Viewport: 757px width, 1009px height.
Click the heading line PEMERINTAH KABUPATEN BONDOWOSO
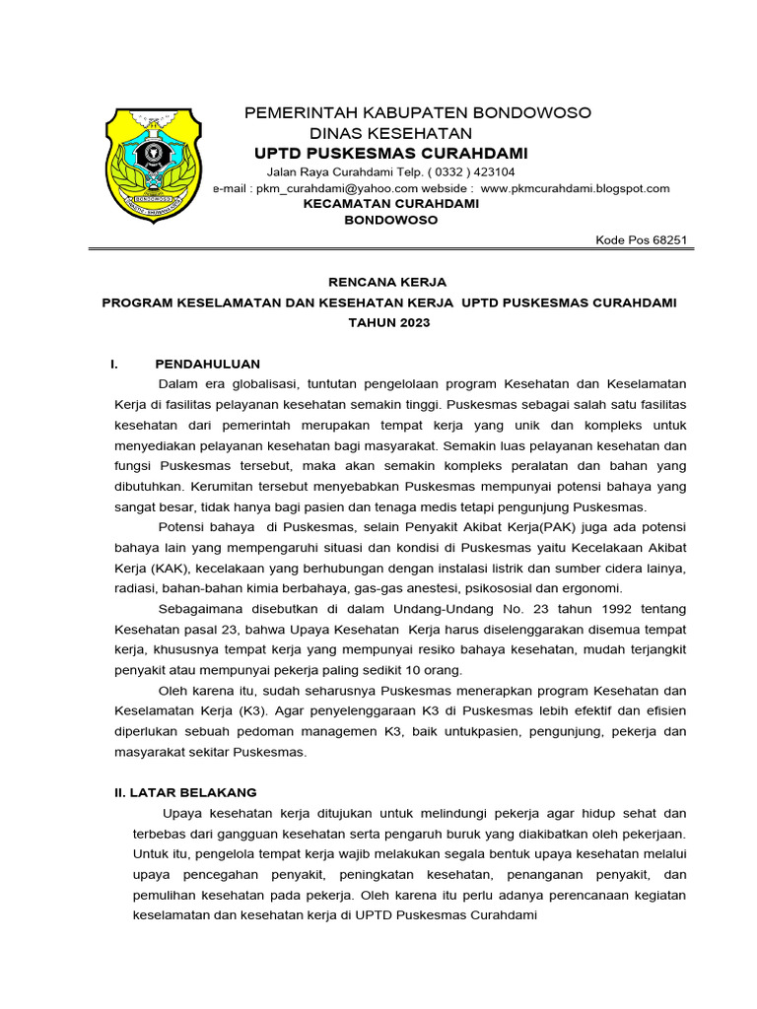click(418, 112)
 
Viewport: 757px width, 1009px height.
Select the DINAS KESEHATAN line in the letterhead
click(390, 133)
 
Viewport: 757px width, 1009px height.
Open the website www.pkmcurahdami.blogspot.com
click(575, 188)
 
